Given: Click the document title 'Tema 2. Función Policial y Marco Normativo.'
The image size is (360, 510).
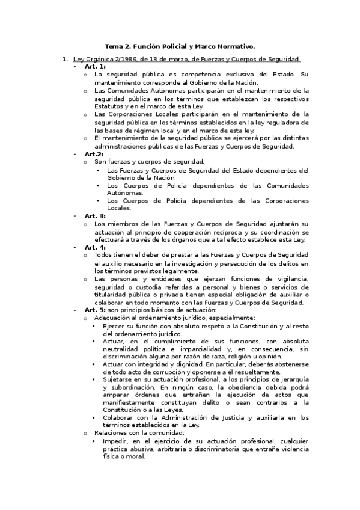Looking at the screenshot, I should coord(180,46).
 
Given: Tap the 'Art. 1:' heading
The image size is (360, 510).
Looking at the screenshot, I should coord(95,66).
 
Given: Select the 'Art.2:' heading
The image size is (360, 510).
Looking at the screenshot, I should coord(94,154).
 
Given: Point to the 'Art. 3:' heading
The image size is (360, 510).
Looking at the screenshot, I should coord(95,215).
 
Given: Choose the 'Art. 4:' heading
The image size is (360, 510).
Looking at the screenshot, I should coord(95,247).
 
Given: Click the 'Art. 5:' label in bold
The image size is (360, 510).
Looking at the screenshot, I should coord(95,310).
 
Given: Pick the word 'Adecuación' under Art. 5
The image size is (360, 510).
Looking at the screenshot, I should coord(112,318).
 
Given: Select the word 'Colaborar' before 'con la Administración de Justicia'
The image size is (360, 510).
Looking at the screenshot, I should coord(118,417).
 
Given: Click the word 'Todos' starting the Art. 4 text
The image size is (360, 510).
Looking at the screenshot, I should coord(104,255).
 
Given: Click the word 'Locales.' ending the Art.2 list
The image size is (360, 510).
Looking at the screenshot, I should coord(119,208).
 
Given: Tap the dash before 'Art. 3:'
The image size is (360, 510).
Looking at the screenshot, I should coord(75,215).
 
